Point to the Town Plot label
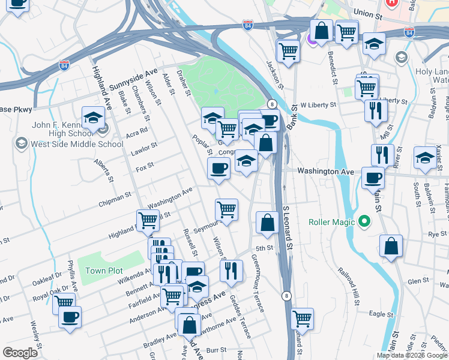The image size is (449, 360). [104, 271]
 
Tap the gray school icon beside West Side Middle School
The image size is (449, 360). [22, 143]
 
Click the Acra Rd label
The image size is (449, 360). [137, 132]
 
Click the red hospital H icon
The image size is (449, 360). [391, 3]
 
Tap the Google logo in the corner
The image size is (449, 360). [20, 352]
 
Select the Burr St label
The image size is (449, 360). [215, 349]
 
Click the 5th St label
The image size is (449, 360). [265, 248]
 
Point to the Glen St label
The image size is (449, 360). [414, 281]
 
